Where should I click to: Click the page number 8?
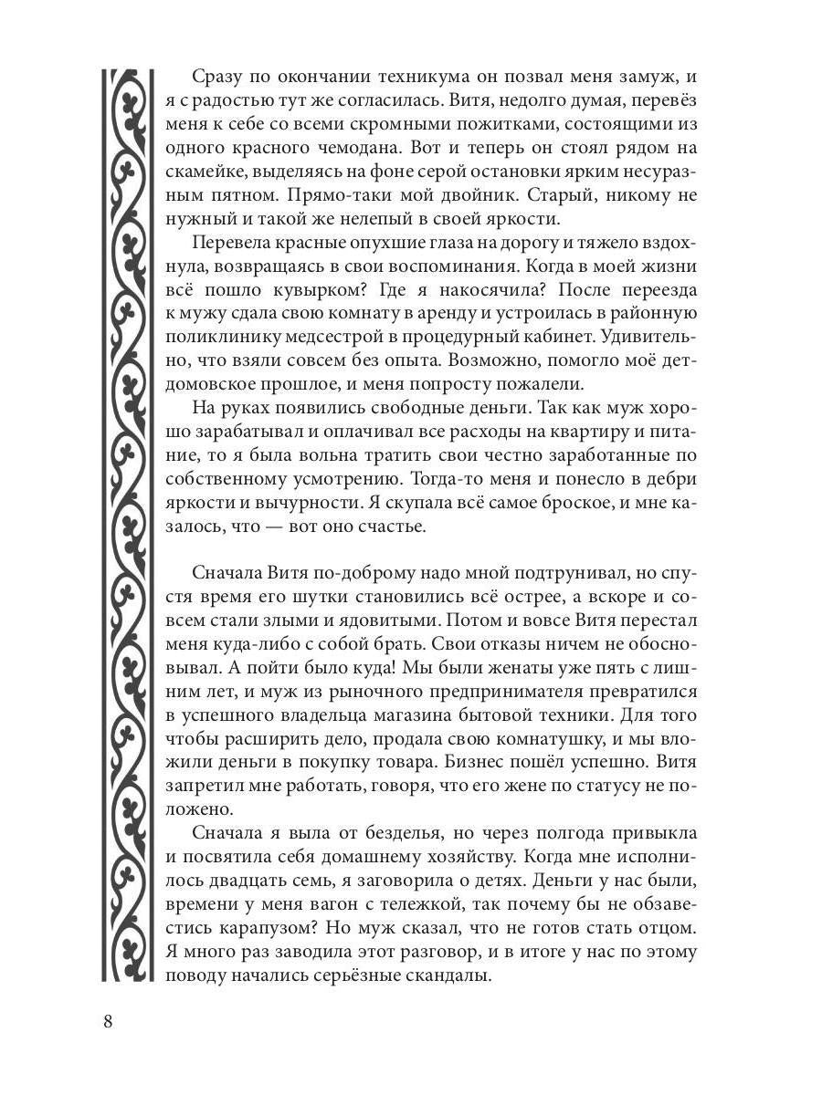tap(108, 1020)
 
